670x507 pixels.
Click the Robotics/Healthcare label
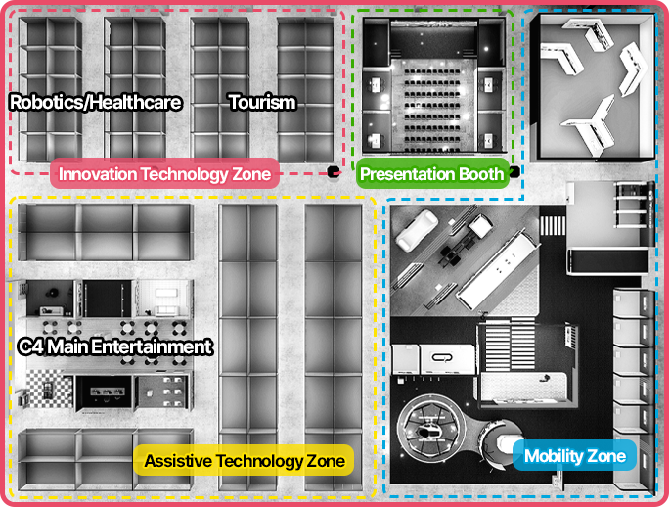[95, 103]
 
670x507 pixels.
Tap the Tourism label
[262, 103]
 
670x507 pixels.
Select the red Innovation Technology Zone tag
[164, 173]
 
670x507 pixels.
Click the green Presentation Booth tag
[432, 173]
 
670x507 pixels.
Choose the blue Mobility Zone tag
[575, 456]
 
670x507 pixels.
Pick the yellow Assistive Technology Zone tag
[244, 460]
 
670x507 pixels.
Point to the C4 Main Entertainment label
[115, 346]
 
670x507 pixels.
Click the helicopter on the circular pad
[429, 432]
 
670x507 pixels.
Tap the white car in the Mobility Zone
[417, 230]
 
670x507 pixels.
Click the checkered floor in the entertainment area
[49, 389]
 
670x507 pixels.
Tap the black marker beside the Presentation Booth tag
[514, 172]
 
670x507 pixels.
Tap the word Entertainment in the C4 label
[152, 346]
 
